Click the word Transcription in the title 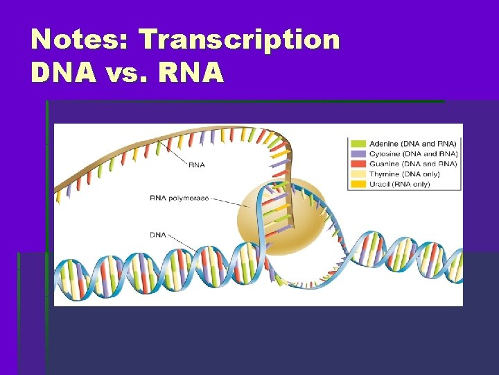click(x=240, y=40)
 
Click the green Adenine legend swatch click(x=358, y=142)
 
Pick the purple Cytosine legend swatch click(x=358, y=153)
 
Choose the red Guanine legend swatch click(x=358, y=163)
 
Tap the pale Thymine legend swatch click(x=358, y=174)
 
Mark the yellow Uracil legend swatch click(x=358, y=184)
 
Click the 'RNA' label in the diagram click(x=197, y=165)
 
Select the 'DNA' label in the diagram click(x=158, y=235)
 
